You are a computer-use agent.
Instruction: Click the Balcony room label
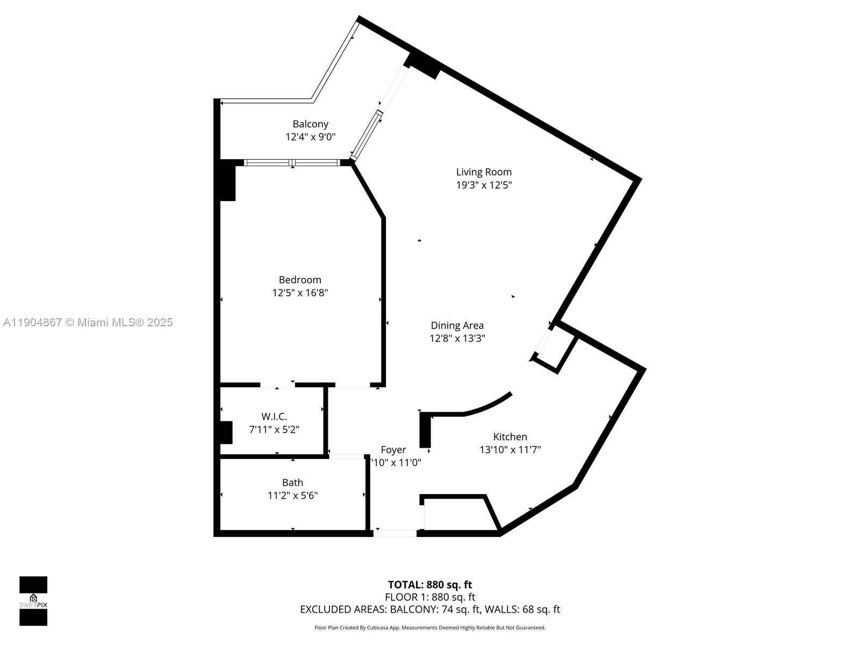[x=310, y=124]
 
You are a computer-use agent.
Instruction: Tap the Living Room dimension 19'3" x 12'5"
[x=484, y=185]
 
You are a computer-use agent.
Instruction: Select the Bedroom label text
[x=300, y=280]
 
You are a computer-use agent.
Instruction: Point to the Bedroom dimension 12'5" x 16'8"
[x=300, y=293]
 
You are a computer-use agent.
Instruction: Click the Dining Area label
[x=457, y=325]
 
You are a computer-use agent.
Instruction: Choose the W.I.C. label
[x=274, y=417]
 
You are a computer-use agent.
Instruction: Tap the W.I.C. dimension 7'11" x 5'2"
[x=274, y=429]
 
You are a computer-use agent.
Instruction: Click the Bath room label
[x=292, y=483]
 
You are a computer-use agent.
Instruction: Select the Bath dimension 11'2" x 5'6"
[x=292, y=496]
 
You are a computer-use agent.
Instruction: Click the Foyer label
[x=393, y=450]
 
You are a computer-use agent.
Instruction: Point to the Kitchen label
[x=510, y=437]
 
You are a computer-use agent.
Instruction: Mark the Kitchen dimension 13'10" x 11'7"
[x=510, y=450]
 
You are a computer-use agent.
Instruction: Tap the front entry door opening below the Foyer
[x=395, y=533]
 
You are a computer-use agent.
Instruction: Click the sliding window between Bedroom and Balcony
[x=292, y=162]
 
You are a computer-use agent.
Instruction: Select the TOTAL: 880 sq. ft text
[x=429, y=585]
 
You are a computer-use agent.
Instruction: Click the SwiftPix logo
[x=33, y=601]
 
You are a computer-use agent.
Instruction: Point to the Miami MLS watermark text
[x=88, y=322]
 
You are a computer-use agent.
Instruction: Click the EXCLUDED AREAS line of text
[x=429, y=610]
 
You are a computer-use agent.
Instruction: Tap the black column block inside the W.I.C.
[x=226, y=432]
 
